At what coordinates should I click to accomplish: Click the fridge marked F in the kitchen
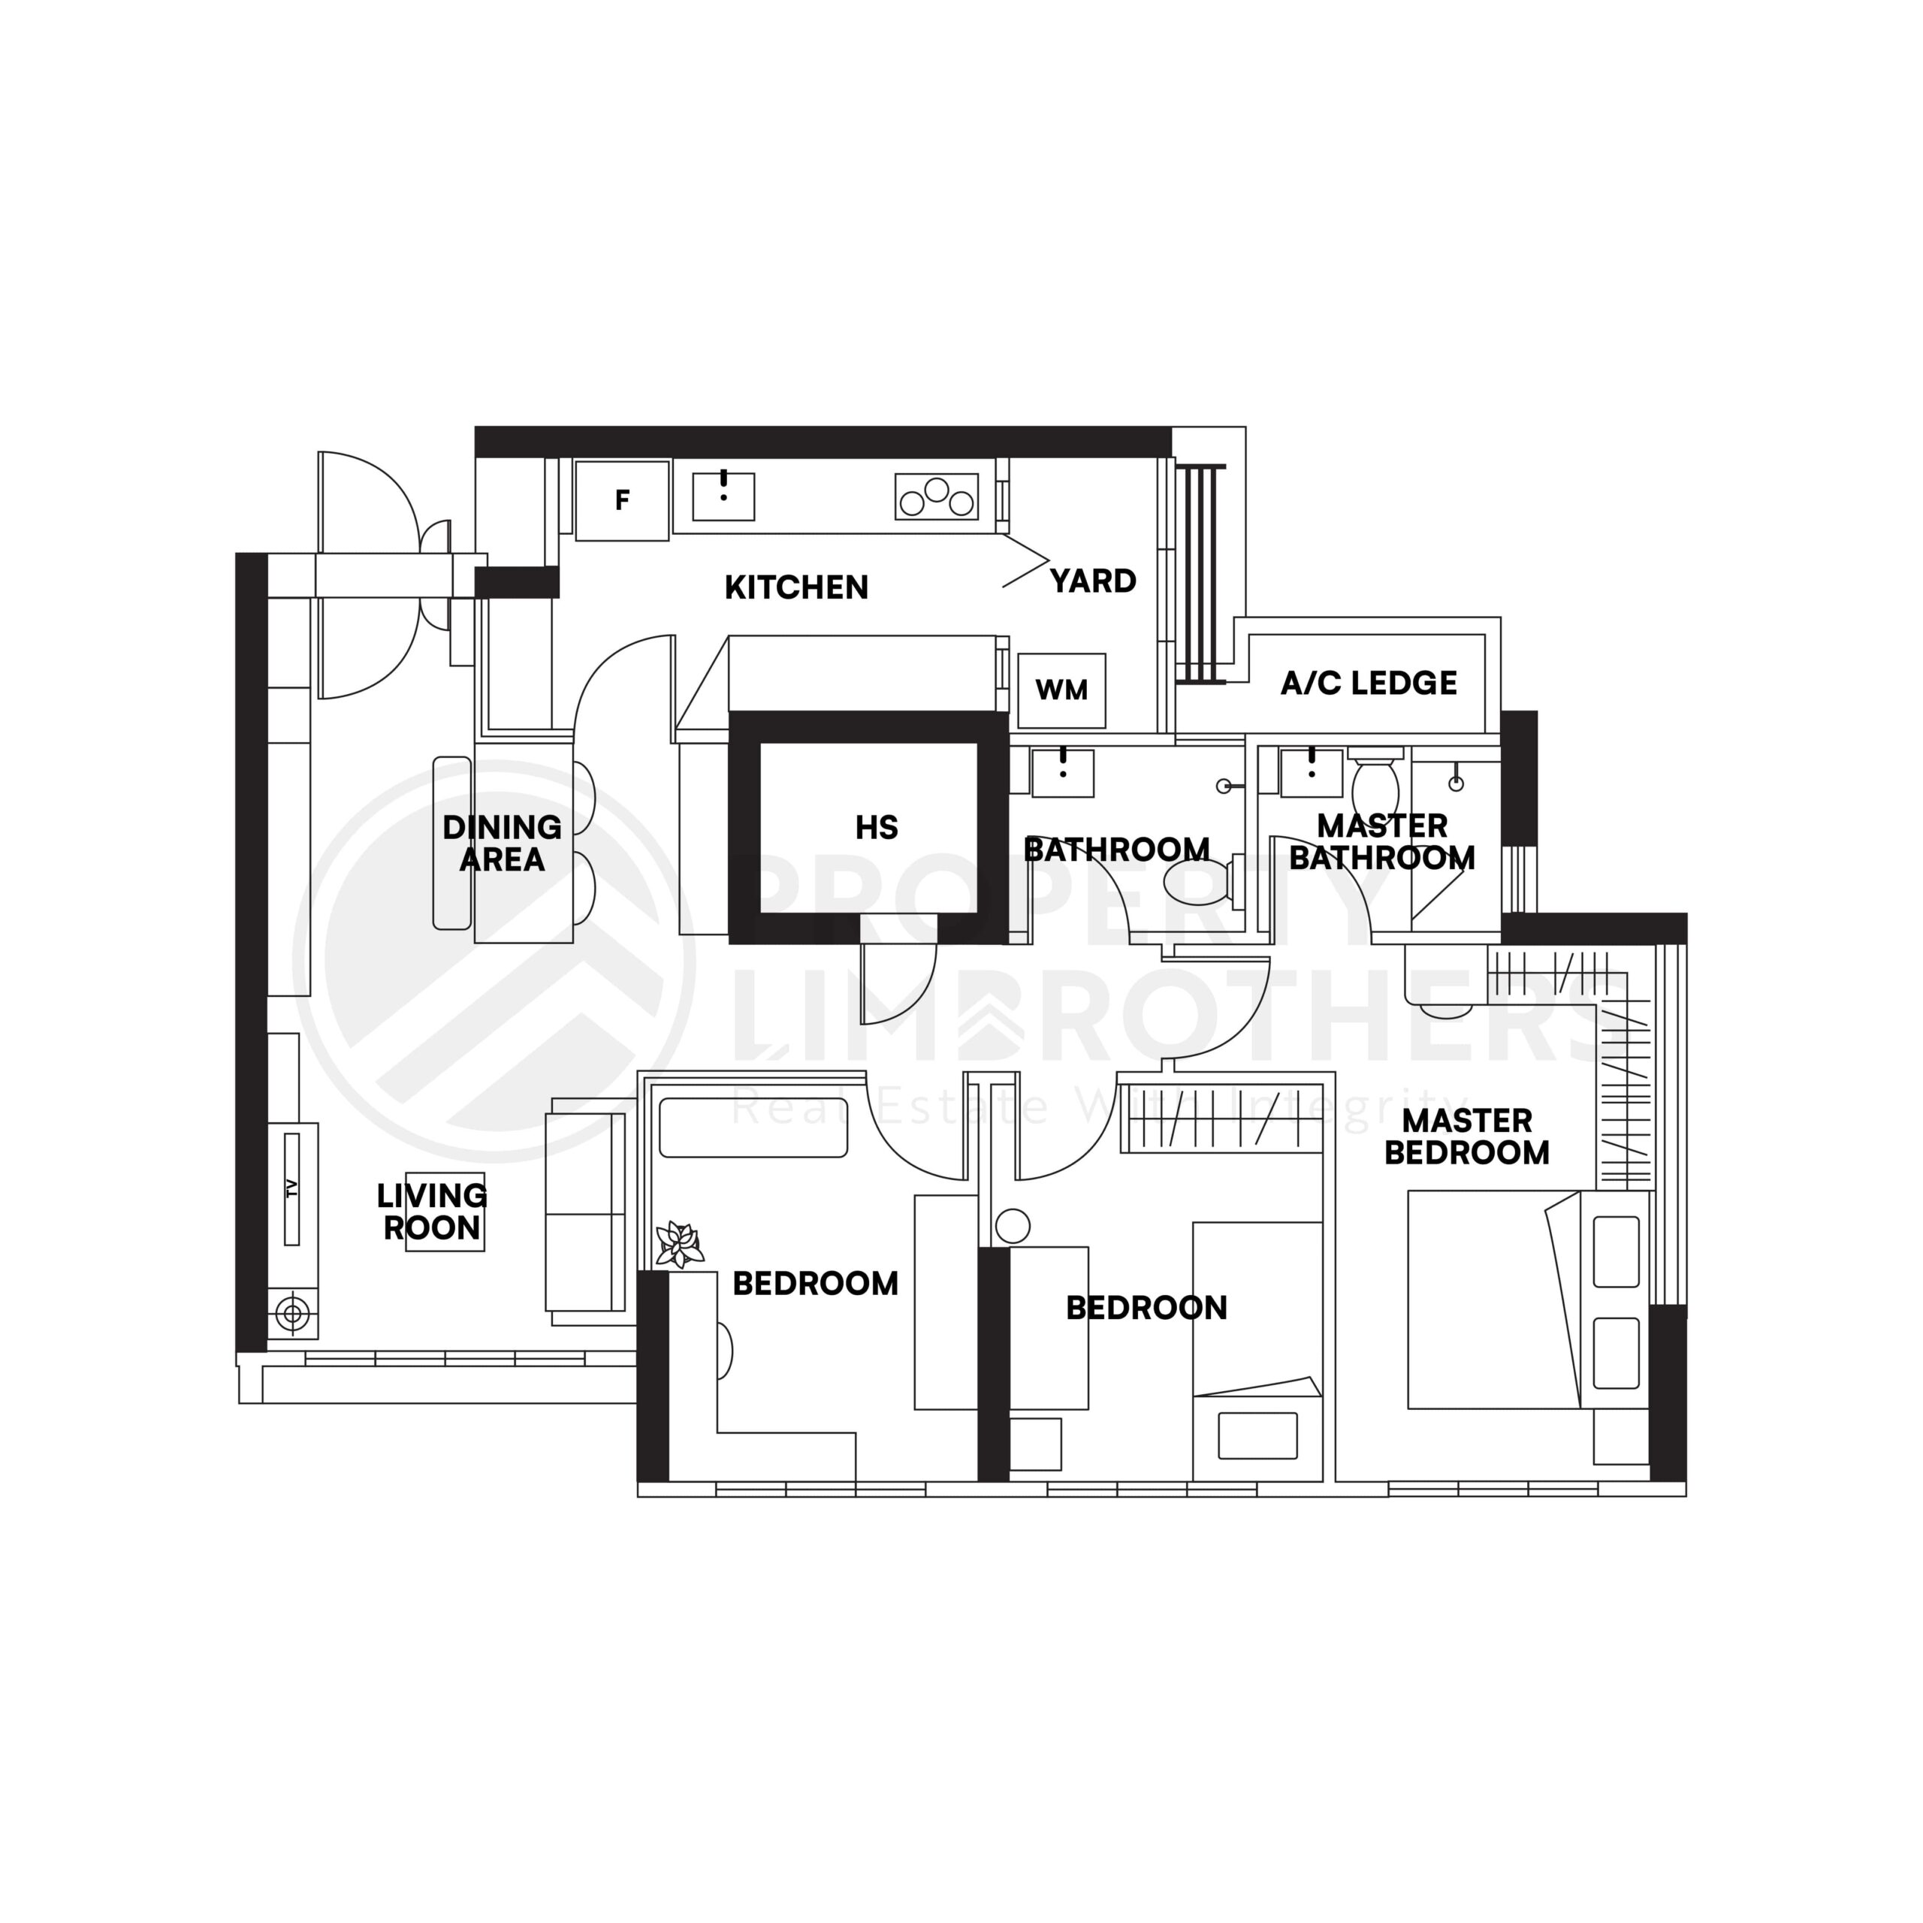click(x=622, y=501)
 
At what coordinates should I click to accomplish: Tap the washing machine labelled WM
click(x=1061, y=690)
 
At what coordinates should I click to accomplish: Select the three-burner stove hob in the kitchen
click(x=936, y=497)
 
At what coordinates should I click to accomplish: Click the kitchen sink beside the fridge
click(x=723, y=497)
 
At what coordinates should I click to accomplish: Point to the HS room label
click(x=876, y=827)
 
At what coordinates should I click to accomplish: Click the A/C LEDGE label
click(x=1369, y=683)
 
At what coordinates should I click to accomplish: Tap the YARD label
click(x=1093, y=581)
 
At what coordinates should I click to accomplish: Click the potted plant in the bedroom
click(x=680, y=1244)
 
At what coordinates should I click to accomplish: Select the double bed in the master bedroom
click(x=1493, y=1299)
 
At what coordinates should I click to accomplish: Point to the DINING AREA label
click(x=502, y=843)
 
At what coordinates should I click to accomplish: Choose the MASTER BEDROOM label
click(x=1466, y=1137)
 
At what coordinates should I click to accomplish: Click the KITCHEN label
click(x=796, y=587)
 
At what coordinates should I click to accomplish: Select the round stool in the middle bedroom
click(x=1013, y=1226)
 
